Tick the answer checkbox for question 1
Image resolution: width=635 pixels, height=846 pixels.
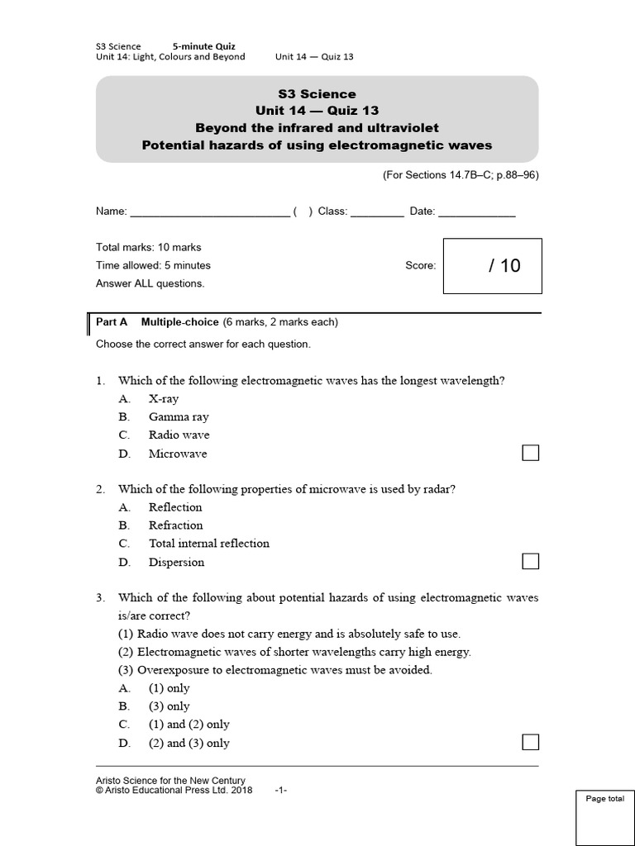click(x=530, y=453)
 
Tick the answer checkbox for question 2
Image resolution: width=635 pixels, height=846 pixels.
click(x=530, y=562)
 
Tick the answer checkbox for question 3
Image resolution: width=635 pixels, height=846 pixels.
click(x=530, y=742)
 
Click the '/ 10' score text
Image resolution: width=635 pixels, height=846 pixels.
click(x=504, y=266)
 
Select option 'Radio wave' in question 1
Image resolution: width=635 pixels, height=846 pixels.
click(x=179, y=435)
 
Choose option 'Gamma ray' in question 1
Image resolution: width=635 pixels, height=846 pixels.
click(x=179, y=416)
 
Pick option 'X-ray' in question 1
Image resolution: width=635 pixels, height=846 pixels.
click(x=164, y=398)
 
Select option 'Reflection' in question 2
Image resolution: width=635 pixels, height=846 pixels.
click(x=175, y=507)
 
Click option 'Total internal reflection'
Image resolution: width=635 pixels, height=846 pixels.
click(x=208, y=544)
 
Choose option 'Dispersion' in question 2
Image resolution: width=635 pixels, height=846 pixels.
click(x=176, y=563)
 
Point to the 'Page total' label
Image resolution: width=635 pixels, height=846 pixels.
click(x=605, y=799)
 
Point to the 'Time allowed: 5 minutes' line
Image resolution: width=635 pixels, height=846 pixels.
click(x=154, y=265)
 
